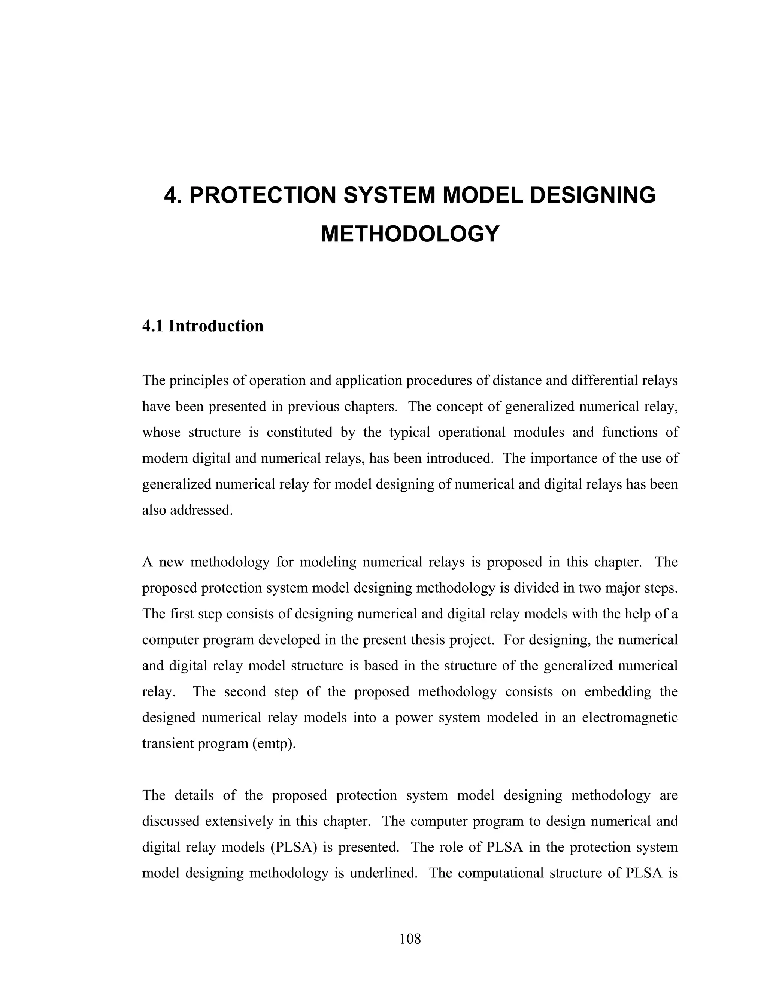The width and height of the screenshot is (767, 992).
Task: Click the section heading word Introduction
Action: (x=216, y=326)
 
